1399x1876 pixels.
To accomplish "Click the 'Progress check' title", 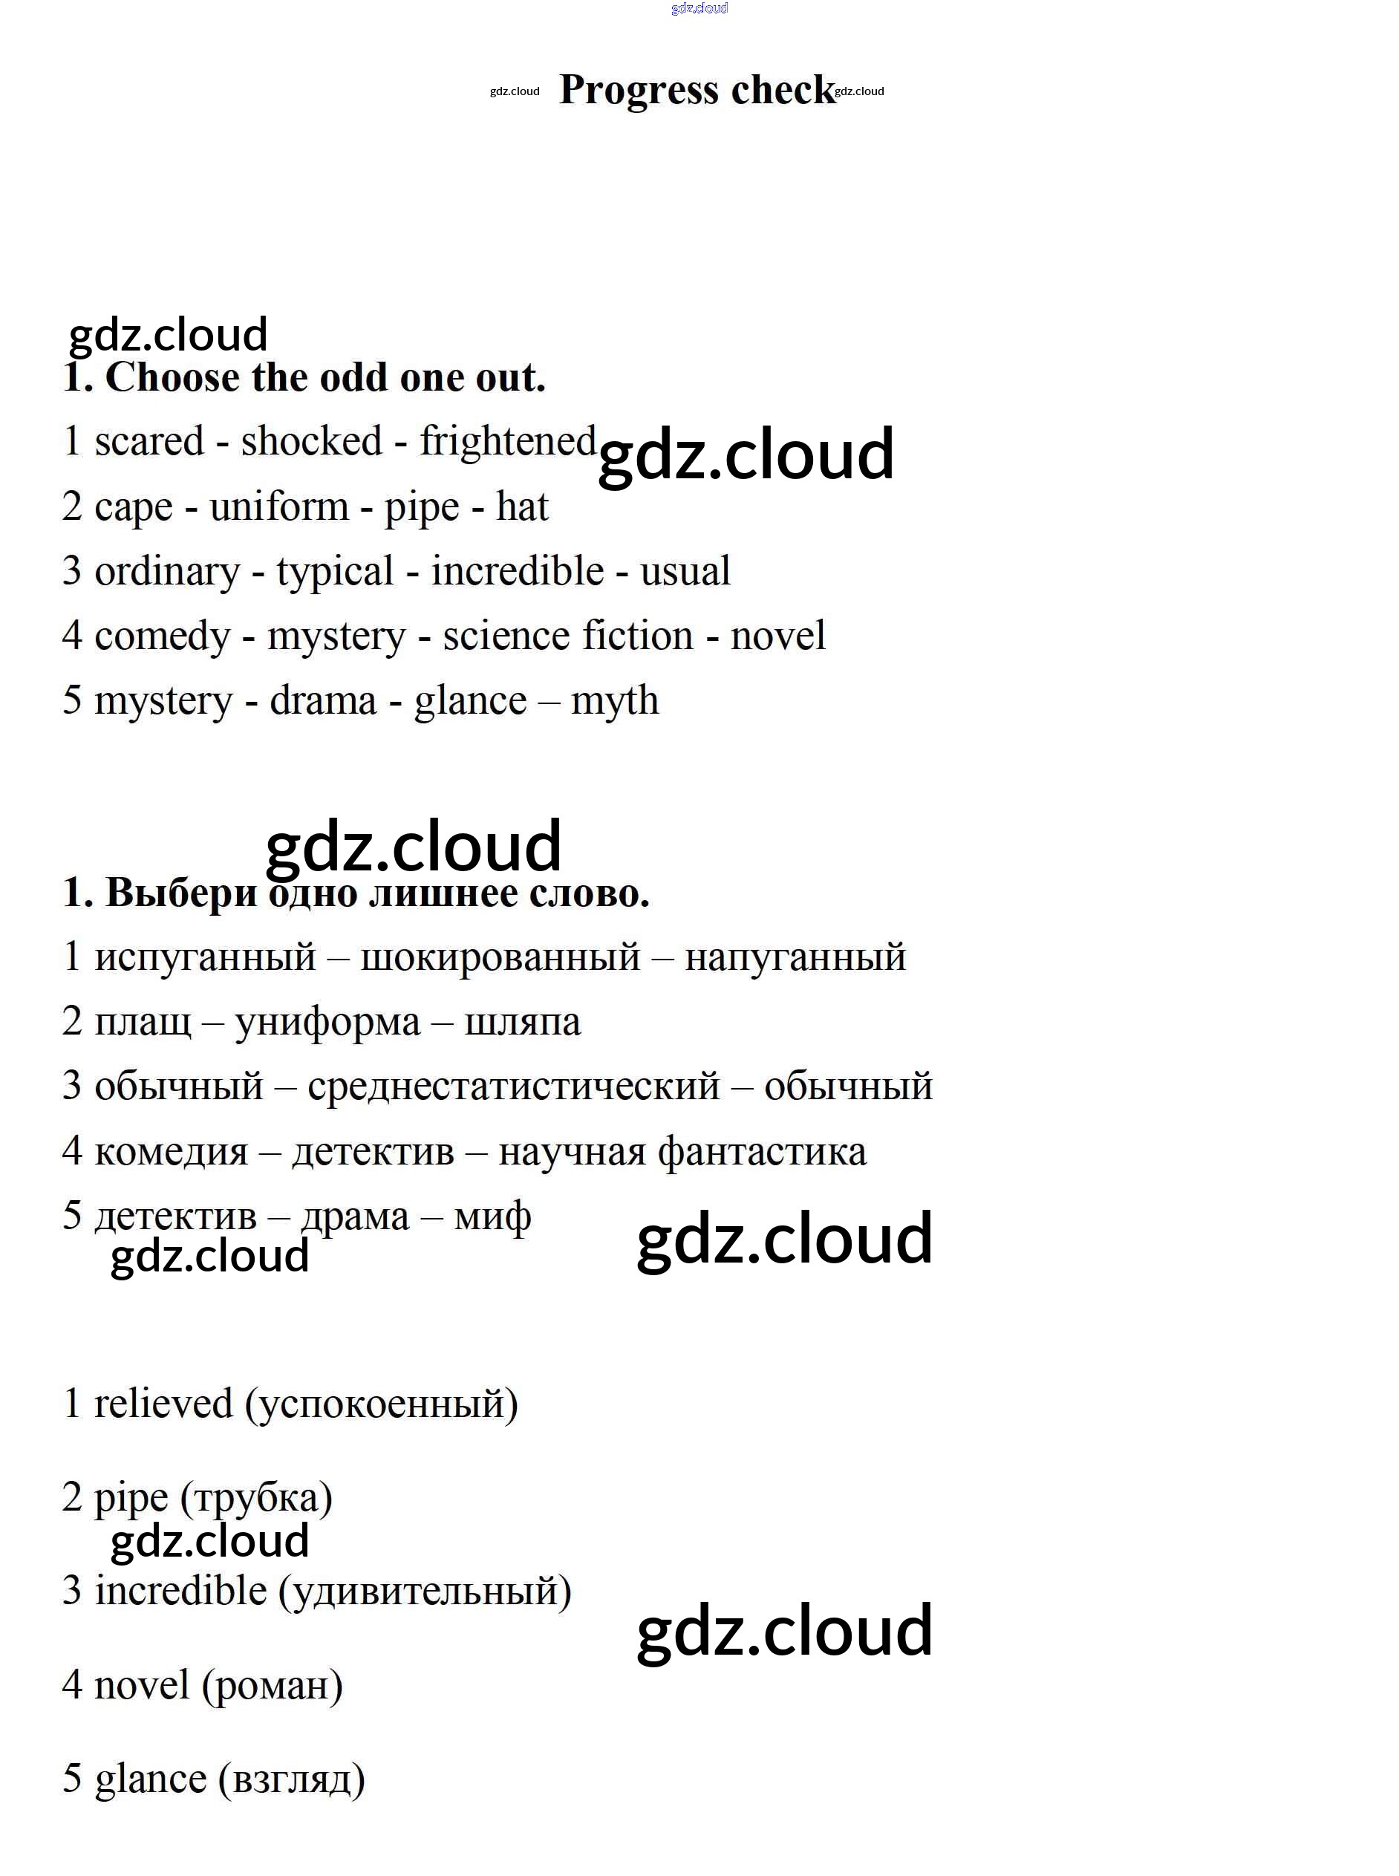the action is click(x=697, y=90).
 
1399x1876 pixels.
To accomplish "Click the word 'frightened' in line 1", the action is click(x=508, y=441).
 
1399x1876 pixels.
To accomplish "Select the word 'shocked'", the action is click(x=311, y=441).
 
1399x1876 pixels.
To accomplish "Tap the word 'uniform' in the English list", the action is click(x=278, y=507).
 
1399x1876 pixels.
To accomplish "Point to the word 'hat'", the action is click(x=522, y=507).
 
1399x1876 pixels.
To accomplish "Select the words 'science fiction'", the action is click(x=567, y=636).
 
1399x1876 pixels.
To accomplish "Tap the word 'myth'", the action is click(x=614, y=701).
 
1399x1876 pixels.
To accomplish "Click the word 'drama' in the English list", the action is click(x=323, y=701).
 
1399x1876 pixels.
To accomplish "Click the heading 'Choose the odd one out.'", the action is click(x=325, y=378).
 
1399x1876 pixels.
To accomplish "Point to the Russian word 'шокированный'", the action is click(x=500, y=957).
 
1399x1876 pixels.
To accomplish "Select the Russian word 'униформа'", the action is click(x=327, y=1022).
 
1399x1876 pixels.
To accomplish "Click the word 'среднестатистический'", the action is click(x=513, y=1087).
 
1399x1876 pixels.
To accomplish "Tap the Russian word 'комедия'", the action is click(x=171, y=1152).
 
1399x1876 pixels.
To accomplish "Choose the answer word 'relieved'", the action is click(x=163, y=1404).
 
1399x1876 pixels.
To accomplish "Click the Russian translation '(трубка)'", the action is click(x=255, y=1498).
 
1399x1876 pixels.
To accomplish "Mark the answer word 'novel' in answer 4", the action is click(x=141, y=1684).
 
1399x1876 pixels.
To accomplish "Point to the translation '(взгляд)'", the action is click(x=291, y=1779).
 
